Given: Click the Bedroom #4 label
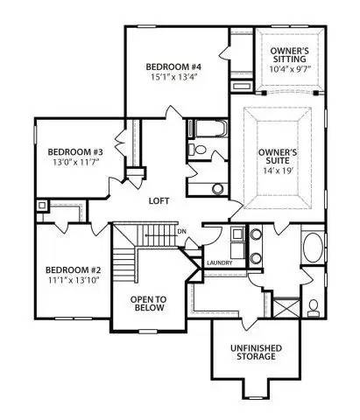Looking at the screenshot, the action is pyautogui.click(x=173, y=66).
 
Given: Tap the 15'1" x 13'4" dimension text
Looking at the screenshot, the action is pyautogui.click(x=174, y=77).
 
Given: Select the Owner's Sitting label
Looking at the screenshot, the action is pyautogui.click(x=289, y=55).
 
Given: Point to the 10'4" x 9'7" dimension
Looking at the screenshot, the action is pyautogui.click(x=290, y=69).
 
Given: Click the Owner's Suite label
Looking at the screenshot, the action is pyautogui.click(x=278, y=157).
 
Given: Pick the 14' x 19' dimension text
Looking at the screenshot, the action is pyautogui.click(x=278, y=171).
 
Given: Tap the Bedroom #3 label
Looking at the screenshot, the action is pyautogui.click(x=75, y=152).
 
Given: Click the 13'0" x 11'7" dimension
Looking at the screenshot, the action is pyautogui.click(x=74, y=162).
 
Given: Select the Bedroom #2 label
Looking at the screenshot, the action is pyautogui.click(x=74, y=269).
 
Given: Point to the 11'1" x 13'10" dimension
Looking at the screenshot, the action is pyautogui.click(x=74, y=280).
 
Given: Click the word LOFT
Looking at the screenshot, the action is pyautogui.click(x=159, y=201).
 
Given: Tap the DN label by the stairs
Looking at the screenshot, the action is pyautogui.click(x=181, y=232).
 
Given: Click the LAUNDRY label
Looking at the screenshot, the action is pyautogui.click(x=220, y=262).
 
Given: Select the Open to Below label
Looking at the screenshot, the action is pyautogui.click(x=148, y=304).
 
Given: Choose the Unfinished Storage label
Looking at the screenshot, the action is pyautogui.click(x=256, y=353).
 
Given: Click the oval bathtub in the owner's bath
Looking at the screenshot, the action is pyautogui.click(x=314, y=248).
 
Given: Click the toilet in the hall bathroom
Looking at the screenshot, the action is pyautogui.click(x=197, y=150).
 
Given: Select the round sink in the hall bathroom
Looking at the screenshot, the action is pyautogui.click(x=217, y=189).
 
